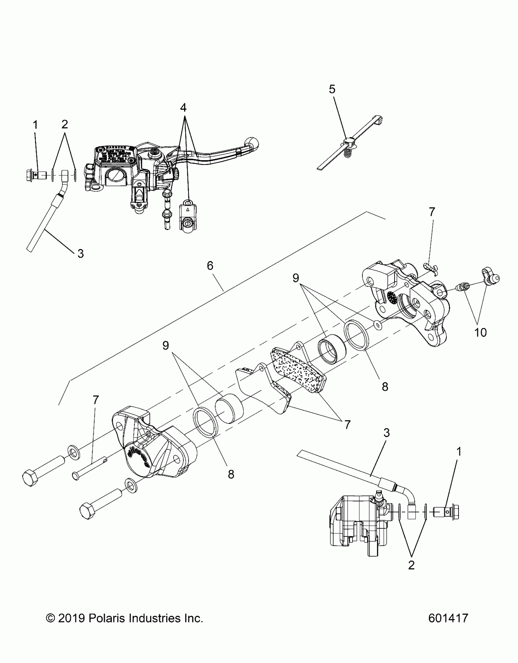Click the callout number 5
tap(332, 89)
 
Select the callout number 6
tap(210, 266)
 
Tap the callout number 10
tap(481, 332)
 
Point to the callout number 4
tap(183, 108)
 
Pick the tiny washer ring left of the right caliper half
tap(378, 326)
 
